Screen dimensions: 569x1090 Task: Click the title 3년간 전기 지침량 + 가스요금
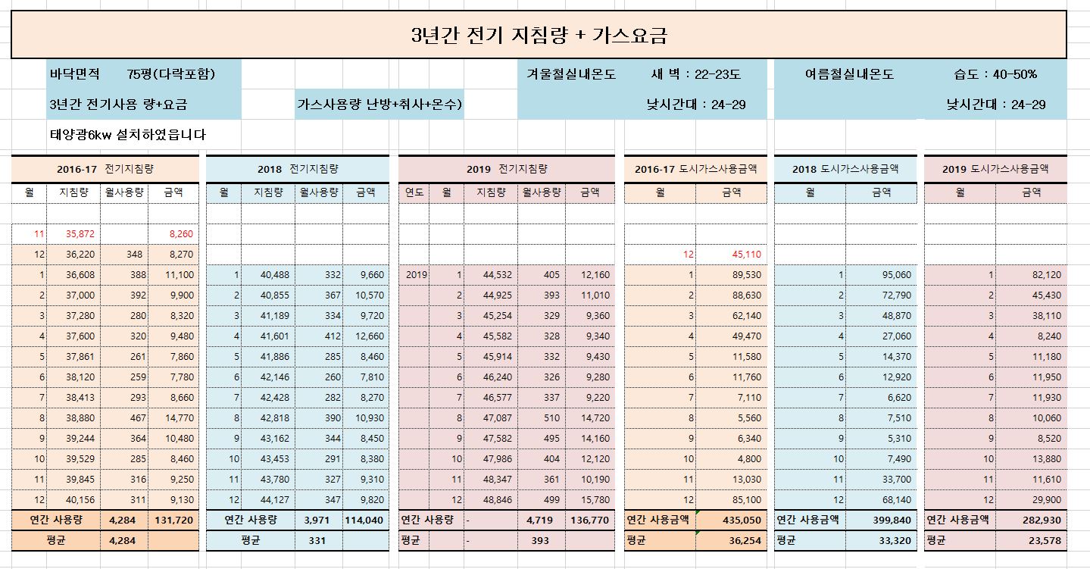(x=539, y=35)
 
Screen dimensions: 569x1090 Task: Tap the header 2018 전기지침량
(x=297, y=169)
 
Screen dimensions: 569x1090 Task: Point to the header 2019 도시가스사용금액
(x=995, y=169)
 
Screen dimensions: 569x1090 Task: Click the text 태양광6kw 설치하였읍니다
(x=127, y=135)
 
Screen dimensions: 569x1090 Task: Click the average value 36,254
(x=745, y=541)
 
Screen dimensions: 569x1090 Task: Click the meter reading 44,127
(x=271, y=500)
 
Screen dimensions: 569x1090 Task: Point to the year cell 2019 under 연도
(x=414, y=274)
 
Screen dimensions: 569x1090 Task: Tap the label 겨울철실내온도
(x=571, y=74)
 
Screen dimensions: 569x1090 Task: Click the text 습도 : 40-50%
(x=995, y=74)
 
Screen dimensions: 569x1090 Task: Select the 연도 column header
(x=414, y=192)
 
